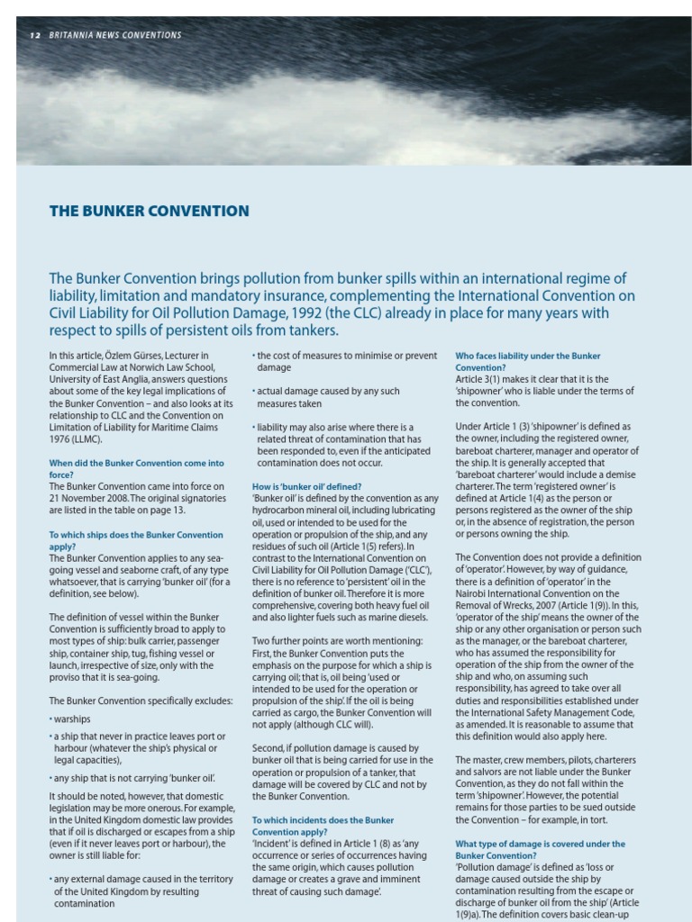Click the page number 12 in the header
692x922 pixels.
click(34, 35)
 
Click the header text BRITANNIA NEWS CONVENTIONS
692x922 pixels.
click(115, 35)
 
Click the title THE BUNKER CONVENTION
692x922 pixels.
click(149, 212)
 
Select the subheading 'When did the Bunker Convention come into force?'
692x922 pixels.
click(136, 468)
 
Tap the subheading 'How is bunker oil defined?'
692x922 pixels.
click(306, 486)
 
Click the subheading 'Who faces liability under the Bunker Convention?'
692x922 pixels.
click(527, 362)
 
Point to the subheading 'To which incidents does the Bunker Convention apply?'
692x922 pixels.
click(323, 827)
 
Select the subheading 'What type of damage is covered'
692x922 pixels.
click(540, 850)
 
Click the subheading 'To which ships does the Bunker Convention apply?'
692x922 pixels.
click(135, 540)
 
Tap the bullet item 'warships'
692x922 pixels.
click(72, 719)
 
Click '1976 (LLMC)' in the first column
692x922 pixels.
click(76, 438)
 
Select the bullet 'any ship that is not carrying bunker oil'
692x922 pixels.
click(134, 778)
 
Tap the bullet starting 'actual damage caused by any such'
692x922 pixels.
click(328, 397)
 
